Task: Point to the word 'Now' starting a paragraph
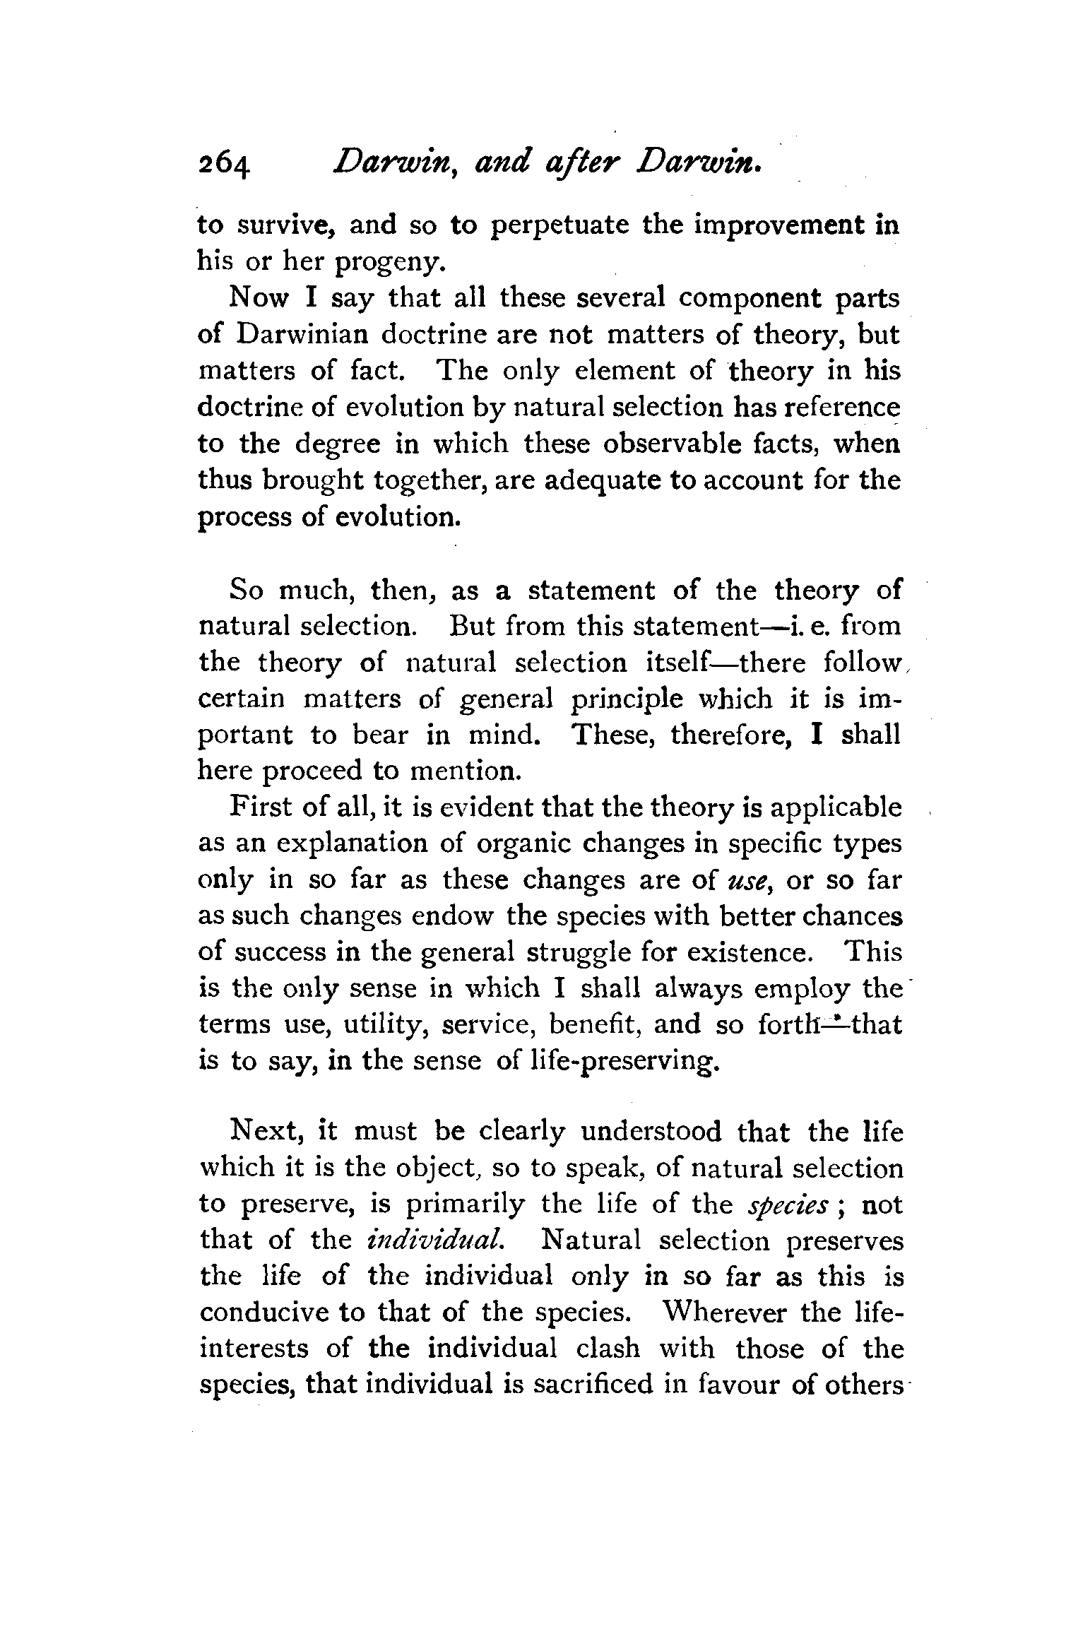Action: pos(259,299)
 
